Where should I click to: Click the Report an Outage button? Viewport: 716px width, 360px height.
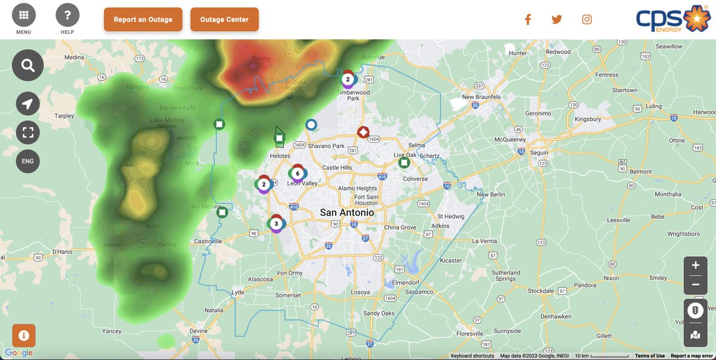point(143,19)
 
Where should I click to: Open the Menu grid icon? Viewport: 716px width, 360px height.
point(24,16)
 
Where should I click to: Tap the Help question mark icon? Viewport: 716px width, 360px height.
point(67,16)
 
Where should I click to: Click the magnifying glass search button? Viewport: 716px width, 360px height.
point(27,66)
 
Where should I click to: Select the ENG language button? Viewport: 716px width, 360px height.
point(27,161)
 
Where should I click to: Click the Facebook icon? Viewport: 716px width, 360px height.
point(527,19)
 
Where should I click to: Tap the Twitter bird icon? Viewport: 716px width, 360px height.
point(557,19)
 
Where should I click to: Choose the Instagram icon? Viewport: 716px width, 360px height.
point(587,19)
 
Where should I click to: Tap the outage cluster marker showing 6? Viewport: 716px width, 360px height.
point(297,174)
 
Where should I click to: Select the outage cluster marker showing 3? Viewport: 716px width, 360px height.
point(276,224)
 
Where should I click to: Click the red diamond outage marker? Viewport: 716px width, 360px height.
point(363,132)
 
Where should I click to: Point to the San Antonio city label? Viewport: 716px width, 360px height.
point(347,213)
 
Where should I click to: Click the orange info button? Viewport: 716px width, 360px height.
point(24,336)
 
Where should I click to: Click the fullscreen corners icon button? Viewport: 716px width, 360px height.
point(27,133)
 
